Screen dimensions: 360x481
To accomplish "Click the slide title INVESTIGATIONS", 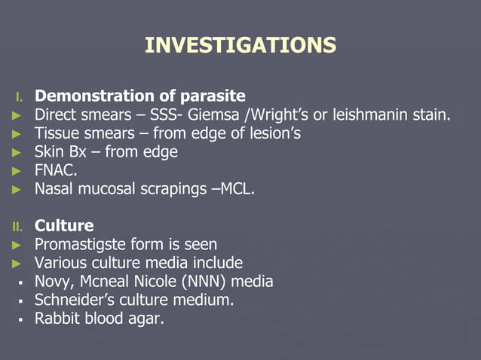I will coord(240,45).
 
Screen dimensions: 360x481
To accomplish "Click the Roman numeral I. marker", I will coord(20,97).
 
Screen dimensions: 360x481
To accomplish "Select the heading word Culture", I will coord(64,226).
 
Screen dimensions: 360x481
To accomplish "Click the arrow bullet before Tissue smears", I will coord(17,134).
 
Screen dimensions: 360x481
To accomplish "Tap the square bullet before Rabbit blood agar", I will coord(18,319).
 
